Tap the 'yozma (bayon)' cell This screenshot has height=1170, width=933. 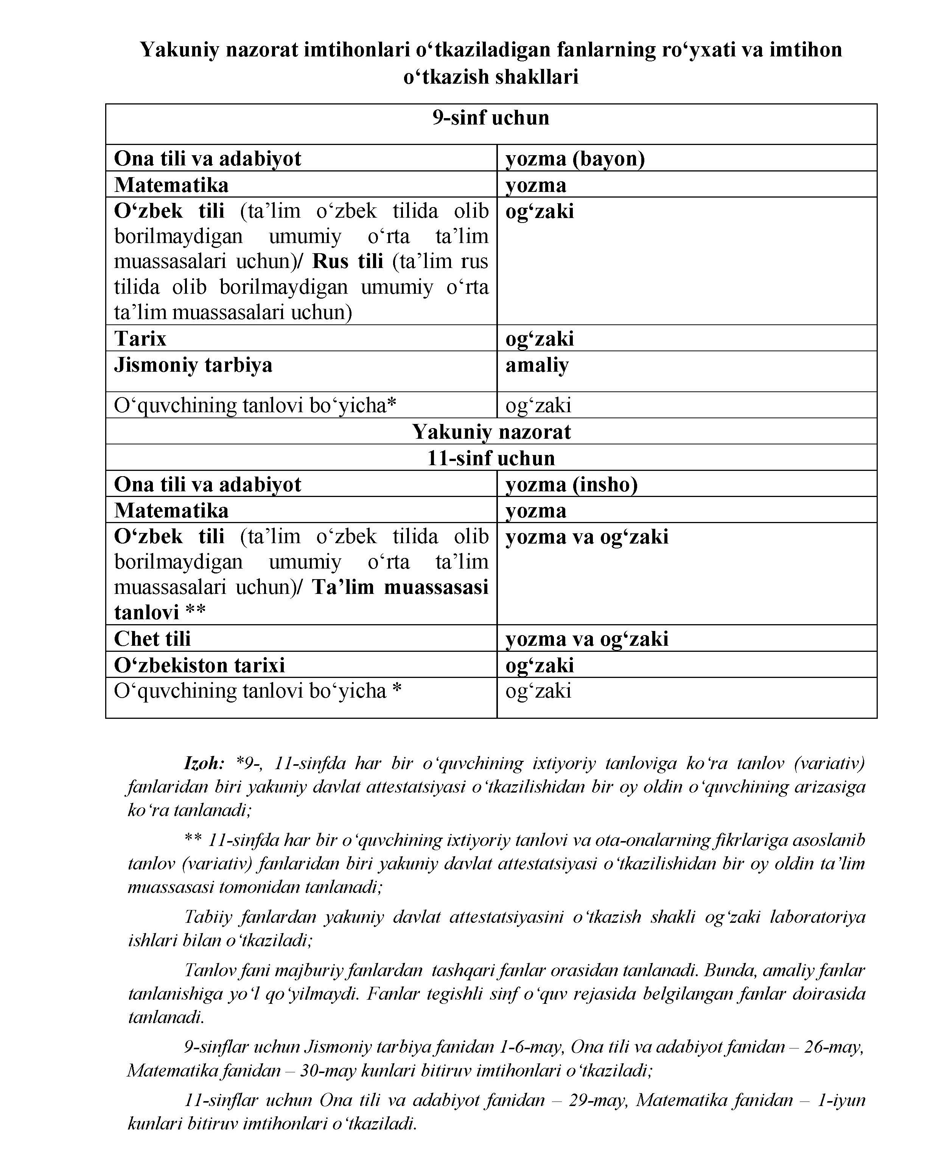[575, 159]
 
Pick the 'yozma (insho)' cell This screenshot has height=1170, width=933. [571, 484]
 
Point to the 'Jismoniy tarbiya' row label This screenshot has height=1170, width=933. [193, 365]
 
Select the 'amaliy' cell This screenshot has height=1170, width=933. [537, 365]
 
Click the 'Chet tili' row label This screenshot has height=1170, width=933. [152, 639]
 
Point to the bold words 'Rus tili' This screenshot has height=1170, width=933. [348, 262]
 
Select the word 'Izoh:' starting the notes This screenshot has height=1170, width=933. [204, 763]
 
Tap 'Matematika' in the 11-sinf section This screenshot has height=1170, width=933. [171, 511]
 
